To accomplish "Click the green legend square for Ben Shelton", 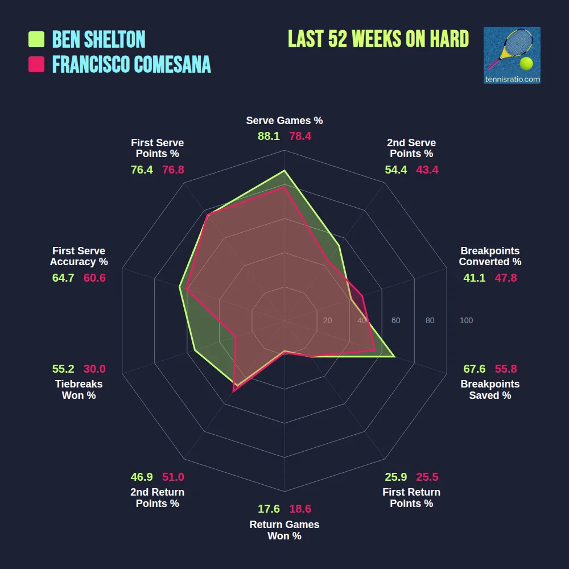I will click(36, 39).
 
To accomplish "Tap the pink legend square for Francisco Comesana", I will click(36, 64).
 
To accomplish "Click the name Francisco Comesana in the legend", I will click(131, 64).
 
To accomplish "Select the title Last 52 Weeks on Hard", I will click(378, 39).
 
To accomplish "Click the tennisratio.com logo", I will click(512, 55).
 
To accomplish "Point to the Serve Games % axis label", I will click(284, 121).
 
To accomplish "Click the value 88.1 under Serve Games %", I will click(269, 137).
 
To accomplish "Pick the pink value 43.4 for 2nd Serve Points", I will click(427, 170).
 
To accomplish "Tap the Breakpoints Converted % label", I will click(490, 257).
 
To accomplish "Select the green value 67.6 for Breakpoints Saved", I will click(474, 368).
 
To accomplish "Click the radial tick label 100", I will click(466, 321).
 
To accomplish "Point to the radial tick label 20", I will click(327, 321).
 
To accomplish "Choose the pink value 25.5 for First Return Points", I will click(427, 477).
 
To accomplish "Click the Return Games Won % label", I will click(284, 530).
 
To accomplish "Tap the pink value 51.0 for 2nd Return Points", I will click(173, 477).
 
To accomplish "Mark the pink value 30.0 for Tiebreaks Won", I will click(94, 368).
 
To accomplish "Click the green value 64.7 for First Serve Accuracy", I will click(63, 278).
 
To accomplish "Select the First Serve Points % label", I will click(158, 149).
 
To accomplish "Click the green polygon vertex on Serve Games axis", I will click(284, 170).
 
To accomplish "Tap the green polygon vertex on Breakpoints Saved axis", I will click(395, 357).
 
